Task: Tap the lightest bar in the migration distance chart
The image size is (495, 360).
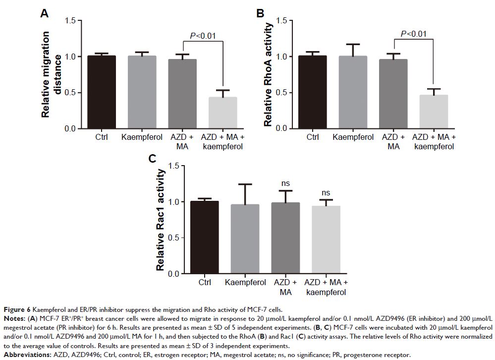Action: pyautogui.click(x=223, y=113)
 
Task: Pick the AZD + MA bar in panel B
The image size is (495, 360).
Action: pyautogui.click(x=393, y=94)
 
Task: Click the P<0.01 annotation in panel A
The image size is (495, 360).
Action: pyautogui.click(x=204, y=36)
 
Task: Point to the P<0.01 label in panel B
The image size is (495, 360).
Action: pyautogui.click(x=413, y=34)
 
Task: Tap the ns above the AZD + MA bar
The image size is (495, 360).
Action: pyautogui.click(x=285, y=183)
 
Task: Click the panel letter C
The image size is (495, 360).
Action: pyautogui.click(x=153, y=159)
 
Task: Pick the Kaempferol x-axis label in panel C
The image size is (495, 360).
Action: pyautogui.click(x=245, y=283)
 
